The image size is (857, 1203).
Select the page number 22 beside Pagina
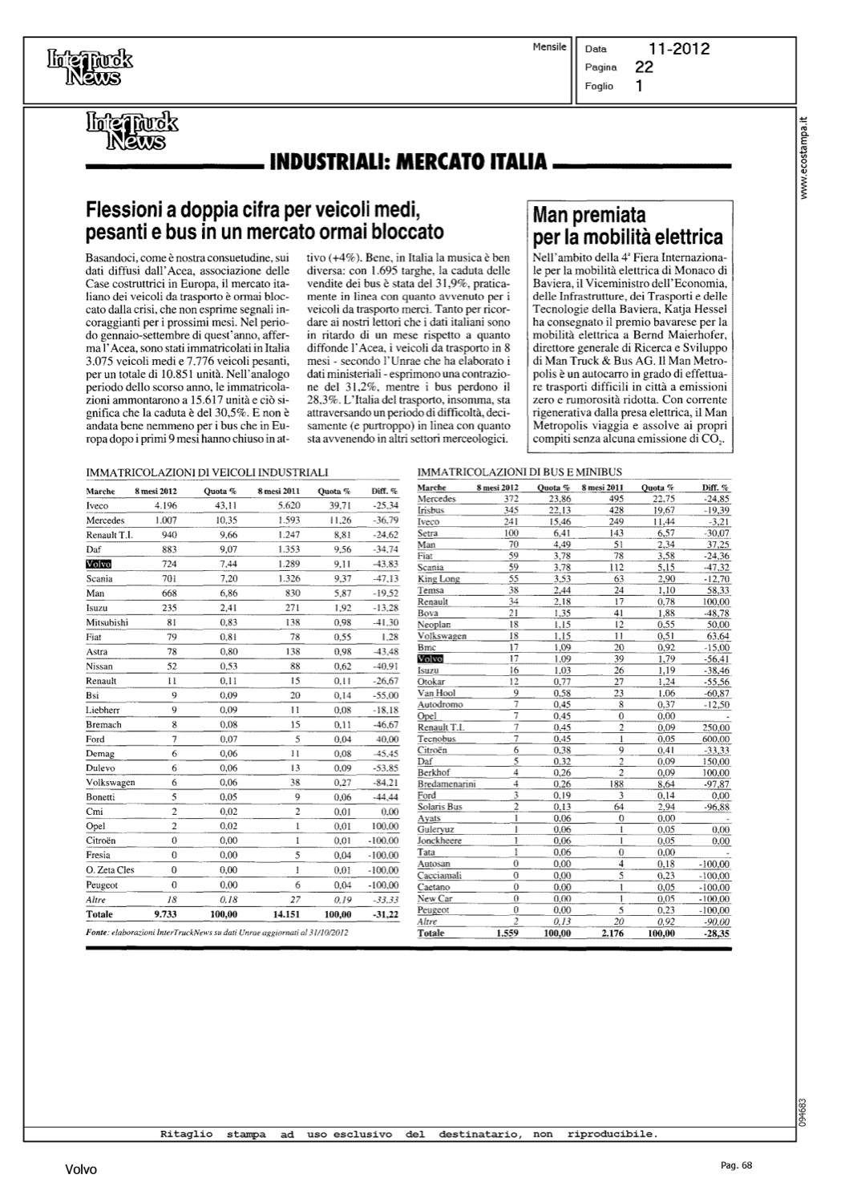[644, 67]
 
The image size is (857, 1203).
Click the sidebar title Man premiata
[589, 215]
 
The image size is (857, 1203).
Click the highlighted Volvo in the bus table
[431, 658]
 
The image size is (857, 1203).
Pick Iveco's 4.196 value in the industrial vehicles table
[166, 506]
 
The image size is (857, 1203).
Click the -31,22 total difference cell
[386, 914]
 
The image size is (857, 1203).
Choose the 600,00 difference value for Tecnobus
[713, 738]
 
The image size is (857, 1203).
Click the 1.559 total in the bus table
[508, 934]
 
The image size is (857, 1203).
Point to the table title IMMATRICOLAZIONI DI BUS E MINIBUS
[520, 472]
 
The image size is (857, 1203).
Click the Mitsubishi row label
[107, 622]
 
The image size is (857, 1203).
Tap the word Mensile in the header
[549, 47]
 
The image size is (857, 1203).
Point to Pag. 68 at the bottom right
[736, 1166]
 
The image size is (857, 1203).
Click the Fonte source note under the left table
[216, 934]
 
